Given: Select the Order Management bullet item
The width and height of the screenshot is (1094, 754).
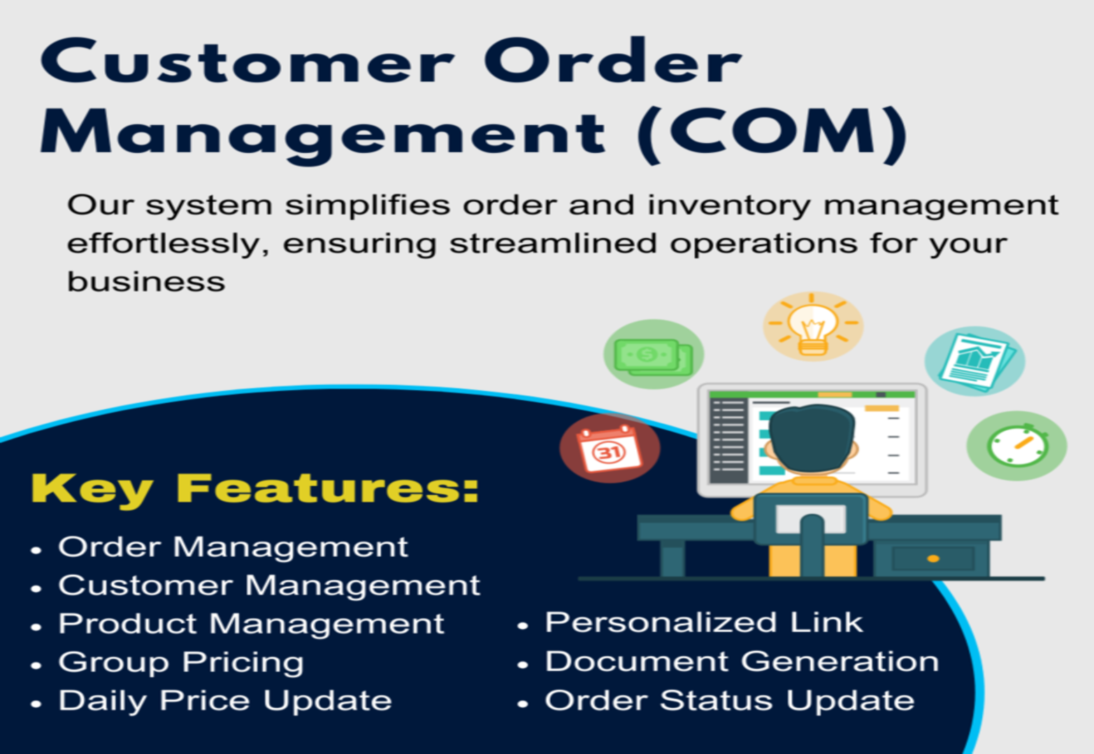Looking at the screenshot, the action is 233,547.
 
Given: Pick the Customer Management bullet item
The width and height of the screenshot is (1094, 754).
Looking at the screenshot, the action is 269,585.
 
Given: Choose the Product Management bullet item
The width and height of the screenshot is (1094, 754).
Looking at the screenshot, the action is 251,624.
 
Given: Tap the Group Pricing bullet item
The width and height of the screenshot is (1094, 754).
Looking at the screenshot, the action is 181,663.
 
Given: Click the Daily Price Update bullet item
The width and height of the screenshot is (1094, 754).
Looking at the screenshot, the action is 225,701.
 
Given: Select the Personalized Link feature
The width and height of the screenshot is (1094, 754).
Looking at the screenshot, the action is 704,623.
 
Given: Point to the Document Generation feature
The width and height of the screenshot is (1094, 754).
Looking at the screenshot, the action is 742,662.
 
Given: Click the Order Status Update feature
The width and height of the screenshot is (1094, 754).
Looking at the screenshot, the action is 730,701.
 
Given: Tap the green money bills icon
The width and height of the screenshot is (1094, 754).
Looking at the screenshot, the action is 654,355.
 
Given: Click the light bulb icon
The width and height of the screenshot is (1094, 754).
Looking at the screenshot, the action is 813,326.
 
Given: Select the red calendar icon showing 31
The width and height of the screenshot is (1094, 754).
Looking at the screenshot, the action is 610,448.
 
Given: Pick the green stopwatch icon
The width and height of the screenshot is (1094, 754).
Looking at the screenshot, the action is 1017,446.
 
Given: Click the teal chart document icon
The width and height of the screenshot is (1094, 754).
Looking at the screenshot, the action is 975,361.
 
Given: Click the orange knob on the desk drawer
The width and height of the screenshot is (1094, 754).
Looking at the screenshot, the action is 933,559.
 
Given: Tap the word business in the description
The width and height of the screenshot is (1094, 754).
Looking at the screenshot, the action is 146,282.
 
